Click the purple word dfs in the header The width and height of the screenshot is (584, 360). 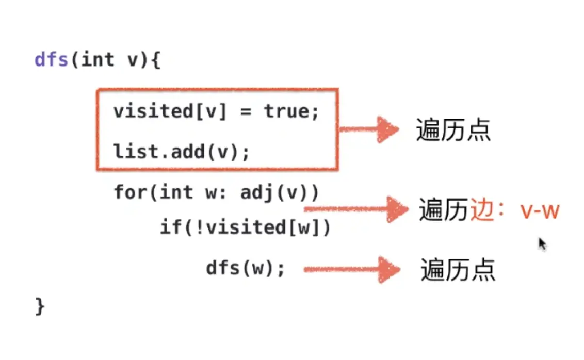52,60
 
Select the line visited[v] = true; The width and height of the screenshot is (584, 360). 217,111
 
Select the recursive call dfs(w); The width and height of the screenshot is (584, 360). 246,268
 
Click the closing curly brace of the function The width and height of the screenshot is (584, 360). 40,305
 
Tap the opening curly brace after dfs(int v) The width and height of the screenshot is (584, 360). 156,60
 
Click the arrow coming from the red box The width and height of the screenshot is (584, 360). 369,129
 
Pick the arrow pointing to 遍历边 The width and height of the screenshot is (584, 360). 356,209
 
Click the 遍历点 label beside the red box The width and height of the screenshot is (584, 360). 453,130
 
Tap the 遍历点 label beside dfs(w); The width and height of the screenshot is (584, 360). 458,270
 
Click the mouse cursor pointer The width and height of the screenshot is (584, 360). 542,243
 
